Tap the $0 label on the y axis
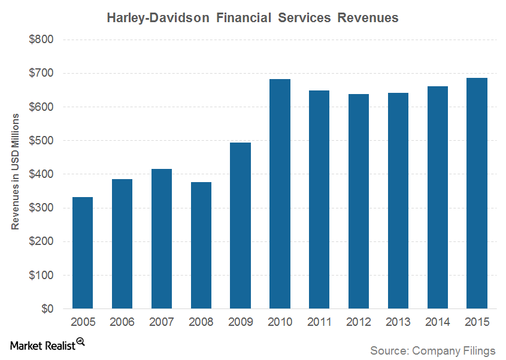pyautogui.click(x=47, y=309)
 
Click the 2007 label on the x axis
pyautogui.click(x=161, y=322)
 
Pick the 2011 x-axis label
pyautogui.click(x=319, y=322)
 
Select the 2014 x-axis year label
pyautogui.click(x=437, y=322)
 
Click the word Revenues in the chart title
pyautogui.click(x=368, y=18)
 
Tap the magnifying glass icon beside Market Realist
pyautogui.click(x=80, y=342)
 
